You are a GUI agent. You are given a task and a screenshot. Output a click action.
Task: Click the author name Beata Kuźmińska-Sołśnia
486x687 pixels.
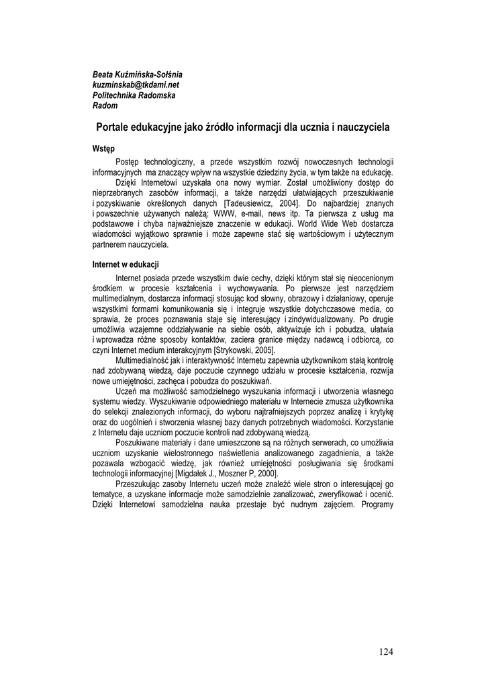pos(137,74)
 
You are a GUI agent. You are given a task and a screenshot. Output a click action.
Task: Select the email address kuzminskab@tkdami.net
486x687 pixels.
pos(136,85)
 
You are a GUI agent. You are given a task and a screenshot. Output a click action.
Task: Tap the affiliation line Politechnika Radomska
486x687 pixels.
pos(134,95)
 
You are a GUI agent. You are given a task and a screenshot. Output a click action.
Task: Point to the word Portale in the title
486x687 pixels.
pos(115,126)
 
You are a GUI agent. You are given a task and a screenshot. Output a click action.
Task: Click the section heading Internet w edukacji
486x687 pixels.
pos(126,264)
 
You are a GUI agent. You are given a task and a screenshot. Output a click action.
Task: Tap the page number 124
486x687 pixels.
pos(385,651)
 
